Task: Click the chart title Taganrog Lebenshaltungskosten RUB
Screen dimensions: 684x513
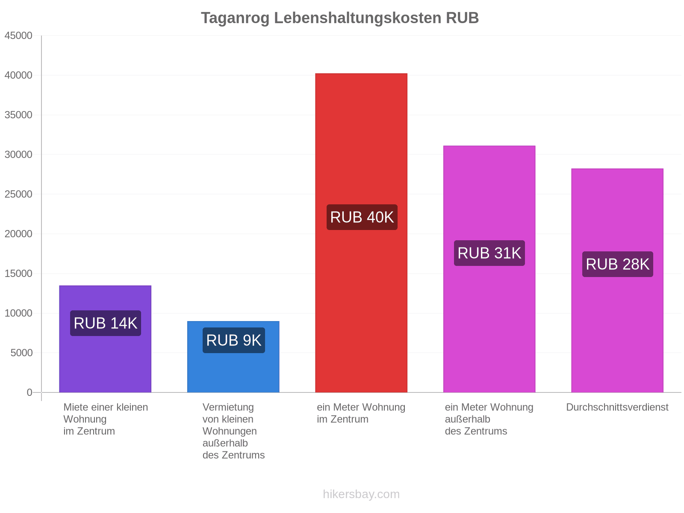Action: click(339, 18)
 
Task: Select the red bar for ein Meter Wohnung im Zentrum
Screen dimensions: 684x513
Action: click(361, 233)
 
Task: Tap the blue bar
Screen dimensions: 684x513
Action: click(233, 357)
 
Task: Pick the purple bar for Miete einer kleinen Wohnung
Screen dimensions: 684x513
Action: click(105, 339)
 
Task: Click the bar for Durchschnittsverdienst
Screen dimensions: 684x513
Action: click(617, 280)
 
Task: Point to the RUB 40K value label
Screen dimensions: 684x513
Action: click(362, 217)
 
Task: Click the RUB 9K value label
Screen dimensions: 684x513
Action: click(233, 340)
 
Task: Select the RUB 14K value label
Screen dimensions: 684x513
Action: click(105, 323)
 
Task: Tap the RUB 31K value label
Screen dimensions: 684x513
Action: click(489, 253)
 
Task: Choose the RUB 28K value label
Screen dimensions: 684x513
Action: click(617, 264)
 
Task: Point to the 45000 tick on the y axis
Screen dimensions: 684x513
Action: click(18, 35)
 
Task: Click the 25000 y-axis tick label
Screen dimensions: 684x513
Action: click(18, 194)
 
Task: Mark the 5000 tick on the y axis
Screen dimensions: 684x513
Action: click(21, 353)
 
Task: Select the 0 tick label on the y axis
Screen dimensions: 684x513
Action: click(29, 392)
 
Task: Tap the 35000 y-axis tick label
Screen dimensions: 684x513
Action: click(18, 115)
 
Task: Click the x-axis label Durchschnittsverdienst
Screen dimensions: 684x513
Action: click(617, 407)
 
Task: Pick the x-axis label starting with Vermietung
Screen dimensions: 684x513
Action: click(233, 431)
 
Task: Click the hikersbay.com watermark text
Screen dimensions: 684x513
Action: click(361, 494)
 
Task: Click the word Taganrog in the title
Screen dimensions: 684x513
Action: click(235, 18)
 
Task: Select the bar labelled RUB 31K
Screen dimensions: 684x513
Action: click(489, 269)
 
